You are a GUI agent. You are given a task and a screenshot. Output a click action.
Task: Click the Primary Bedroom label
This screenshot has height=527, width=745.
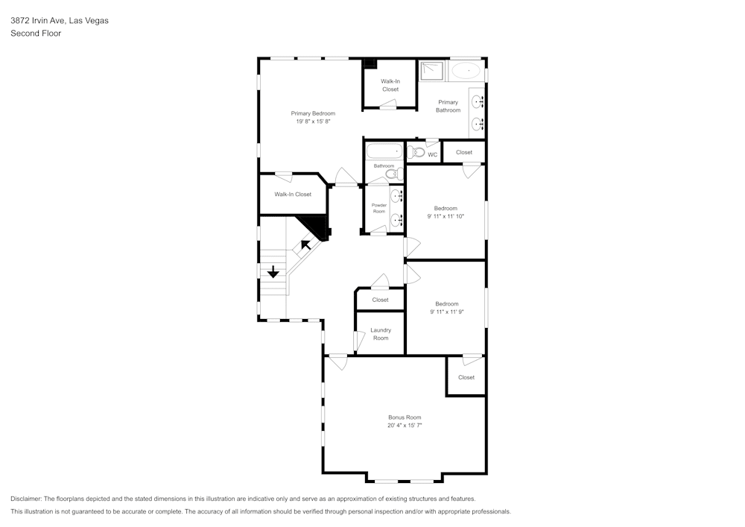tap(313, 113)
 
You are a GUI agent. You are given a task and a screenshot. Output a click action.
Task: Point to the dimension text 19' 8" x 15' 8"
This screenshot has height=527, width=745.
tap(313, 122)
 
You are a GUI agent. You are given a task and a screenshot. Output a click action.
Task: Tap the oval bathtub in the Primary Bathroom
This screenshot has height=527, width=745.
tap(466, 71)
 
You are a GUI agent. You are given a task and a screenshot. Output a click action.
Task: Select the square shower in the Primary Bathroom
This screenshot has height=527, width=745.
tap(431, 71)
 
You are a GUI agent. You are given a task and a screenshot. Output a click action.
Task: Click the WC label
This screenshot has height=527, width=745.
tap(432, 155)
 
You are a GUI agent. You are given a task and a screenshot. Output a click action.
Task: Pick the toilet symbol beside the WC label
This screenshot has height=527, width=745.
tap(417, 153)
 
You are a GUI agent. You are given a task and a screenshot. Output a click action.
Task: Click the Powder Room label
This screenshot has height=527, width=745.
tap(379, 208)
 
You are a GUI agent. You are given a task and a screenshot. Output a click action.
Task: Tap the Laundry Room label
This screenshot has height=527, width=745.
tap(380, 334)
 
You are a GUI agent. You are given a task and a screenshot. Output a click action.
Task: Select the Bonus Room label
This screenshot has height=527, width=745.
tap(405, 417)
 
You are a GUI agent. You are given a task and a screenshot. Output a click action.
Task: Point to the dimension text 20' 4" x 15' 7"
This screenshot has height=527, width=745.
tap(405, 426)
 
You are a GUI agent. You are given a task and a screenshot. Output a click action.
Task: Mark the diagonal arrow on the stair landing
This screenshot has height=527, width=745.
tap(305, 244)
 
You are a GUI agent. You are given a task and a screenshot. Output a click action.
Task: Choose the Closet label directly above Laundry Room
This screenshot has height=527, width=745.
tap(380, 300)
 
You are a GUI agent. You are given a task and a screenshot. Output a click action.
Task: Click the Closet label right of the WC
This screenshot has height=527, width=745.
tap(464, 152)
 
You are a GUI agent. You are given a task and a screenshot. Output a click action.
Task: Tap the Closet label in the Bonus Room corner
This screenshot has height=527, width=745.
tap(466, 377)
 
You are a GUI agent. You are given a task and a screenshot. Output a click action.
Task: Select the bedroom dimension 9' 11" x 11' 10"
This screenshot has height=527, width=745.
tap(446, 216)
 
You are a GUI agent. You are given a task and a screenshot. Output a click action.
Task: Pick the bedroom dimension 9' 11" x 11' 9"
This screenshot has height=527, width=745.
tap(446, 312)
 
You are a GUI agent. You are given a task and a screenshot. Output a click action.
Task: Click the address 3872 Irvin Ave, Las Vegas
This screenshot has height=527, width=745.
tap(60, 21)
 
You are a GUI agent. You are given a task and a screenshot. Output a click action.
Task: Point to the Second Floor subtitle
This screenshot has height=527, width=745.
tap(36, 34)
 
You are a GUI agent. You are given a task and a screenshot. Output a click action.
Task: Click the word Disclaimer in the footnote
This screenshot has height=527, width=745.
tap(27, 499)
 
